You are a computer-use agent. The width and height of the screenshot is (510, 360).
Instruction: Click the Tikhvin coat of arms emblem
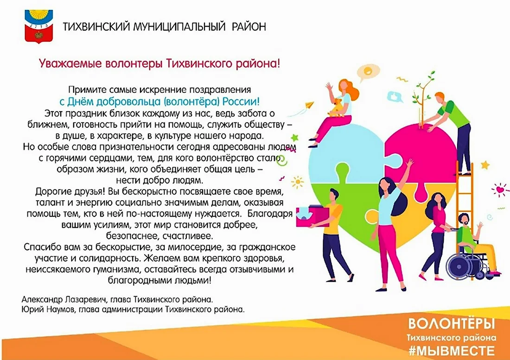38,26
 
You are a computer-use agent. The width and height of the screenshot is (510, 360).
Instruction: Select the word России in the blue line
241,101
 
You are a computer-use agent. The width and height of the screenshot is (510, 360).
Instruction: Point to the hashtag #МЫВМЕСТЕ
452,351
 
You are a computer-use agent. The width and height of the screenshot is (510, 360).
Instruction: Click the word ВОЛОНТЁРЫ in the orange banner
452,323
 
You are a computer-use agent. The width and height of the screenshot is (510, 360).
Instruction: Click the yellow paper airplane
309,105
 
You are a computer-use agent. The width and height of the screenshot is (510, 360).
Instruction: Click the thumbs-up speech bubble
395,97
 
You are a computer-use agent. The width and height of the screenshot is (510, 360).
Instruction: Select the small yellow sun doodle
297,182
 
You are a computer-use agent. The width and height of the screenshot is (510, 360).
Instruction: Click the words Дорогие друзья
70,192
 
